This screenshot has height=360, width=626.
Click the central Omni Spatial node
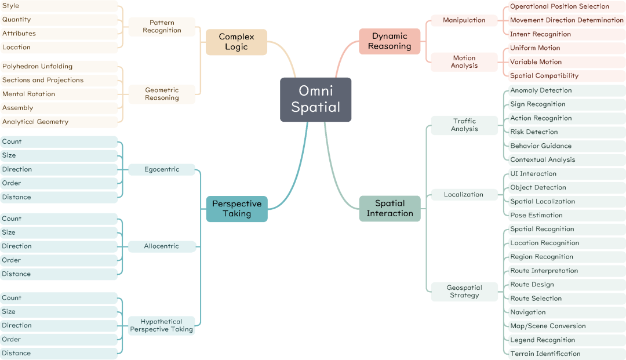click(x=315, y=99)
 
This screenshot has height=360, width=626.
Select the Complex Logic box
click(x=236, y=42)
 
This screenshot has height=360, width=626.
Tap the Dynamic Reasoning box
click(x=390, y=41)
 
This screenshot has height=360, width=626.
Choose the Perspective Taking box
click(x=236, y=209)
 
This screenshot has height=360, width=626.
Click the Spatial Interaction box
click(x=390, y=208)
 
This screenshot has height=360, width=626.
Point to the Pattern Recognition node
click(x=162, y=27)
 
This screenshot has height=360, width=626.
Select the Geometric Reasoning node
click(x=162, y=94)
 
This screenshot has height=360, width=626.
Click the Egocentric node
click(x=162, y=170)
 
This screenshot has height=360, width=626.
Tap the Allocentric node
click(x=162, y=246)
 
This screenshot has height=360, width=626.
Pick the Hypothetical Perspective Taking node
click(x=162, y=326)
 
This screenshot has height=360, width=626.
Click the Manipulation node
click(x=464, y=20)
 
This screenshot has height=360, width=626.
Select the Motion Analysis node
click(x=464, y=62)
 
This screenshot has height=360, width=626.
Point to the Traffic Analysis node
click(x=464, y=125)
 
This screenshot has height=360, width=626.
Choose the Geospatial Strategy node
click(x=464, y=292)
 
